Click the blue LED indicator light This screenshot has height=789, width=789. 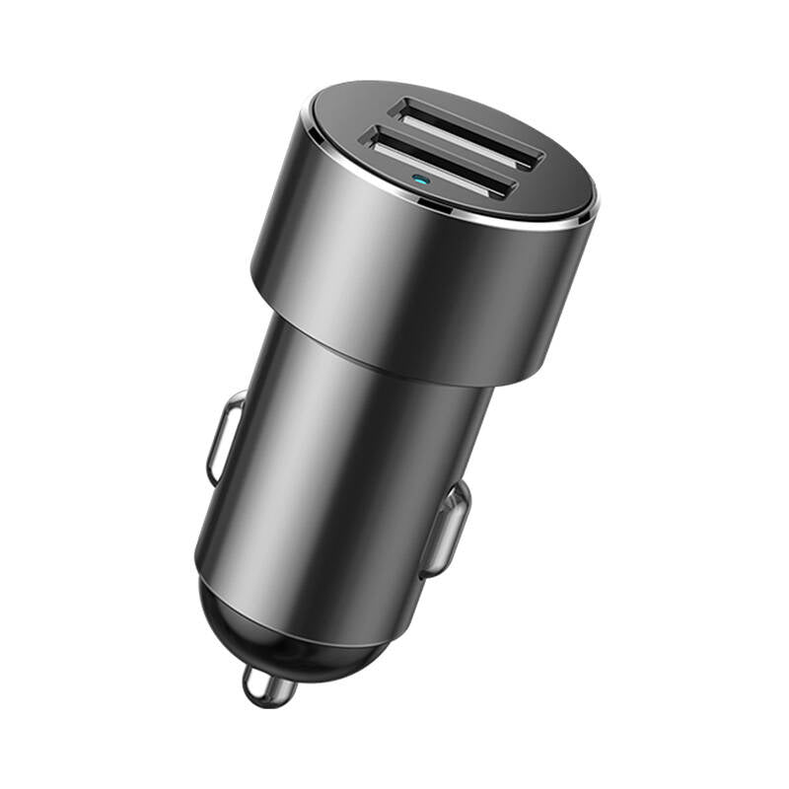tap(421, 181)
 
